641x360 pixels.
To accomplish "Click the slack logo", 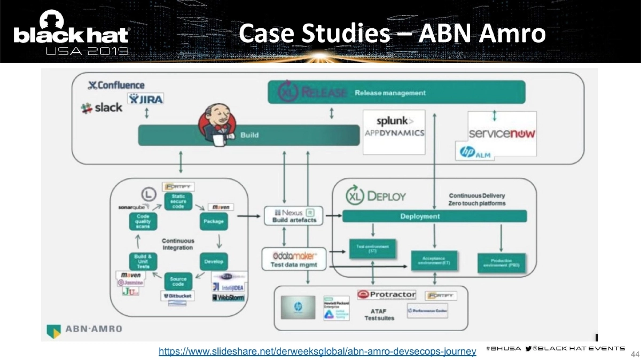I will (x=102, y=107).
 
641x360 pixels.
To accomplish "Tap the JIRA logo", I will (x=146, y=99).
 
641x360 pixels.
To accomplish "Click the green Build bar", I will (x=249, y=135).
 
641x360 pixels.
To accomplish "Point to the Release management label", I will (x=390, y=93).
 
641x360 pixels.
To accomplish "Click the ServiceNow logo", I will (x=502, y=134).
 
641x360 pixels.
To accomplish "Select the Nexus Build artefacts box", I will (x=293, y=216).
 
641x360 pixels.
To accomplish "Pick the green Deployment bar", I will (x=434, y=216).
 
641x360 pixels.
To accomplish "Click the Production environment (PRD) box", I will (x=501, y=263).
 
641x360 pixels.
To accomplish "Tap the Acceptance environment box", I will (x=434, y=260).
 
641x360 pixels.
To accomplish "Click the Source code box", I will (x=178, y=281).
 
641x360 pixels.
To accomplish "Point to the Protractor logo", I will (x=386, y=295).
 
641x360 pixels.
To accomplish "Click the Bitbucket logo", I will (x=178, y=295).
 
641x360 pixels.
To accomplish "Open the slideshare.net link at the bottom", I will (x=317, y=351).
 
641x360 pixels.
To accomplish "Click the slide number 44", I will (x=635, y=354).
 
